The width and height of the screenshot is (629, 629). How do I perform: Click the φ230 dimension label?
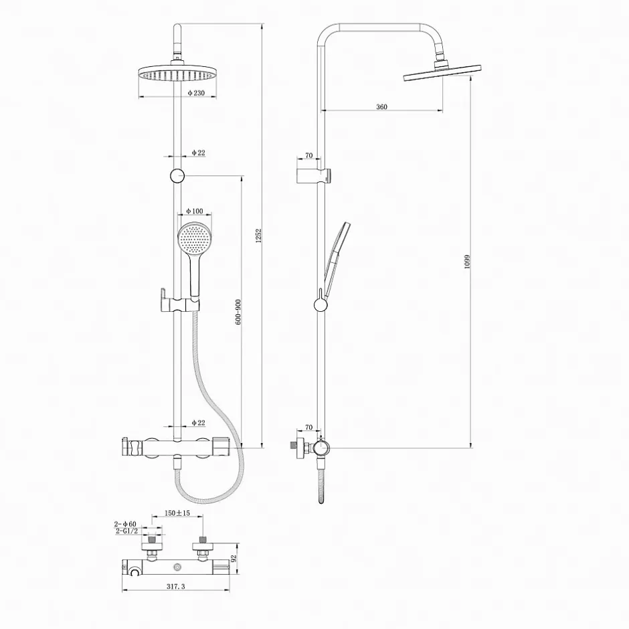196,93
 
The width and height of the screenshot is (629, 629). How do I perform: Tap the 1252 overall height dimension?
259,236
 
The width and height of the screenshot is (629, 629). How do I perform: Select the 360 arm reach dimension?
382,106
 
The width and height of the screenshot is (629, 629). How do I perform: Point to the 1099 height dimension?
467,262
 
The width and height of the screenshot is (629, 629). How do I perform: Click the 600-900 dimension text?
238,312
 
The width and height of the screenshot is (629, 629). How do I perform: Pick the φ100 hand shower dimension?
195,211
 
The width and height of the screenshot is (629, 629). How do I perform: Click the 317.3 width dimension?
176,586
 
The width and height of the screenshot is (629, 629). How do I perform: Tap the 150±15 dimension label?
177,513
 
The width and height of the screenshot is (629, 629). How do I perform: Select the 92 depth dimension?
235,558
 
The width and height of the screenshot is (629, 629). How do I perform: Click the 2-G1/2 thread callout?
126,531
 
